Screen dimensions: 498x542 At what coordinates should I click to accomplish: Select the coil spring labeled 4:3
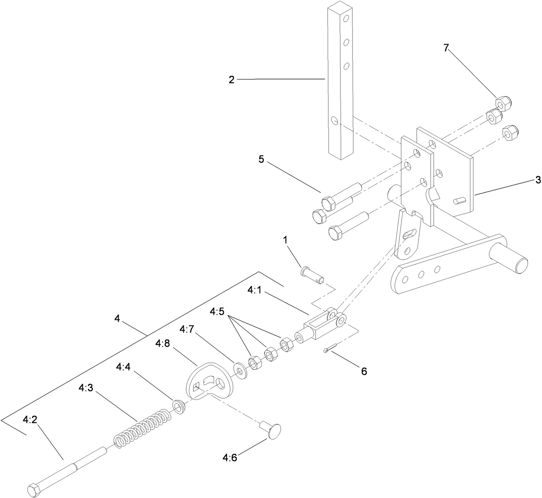pyautogui.click(x=141, y=426)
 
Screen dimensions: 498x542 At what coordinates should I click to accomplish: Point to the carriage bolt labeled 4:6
pyautogui.click(x=271, y=429)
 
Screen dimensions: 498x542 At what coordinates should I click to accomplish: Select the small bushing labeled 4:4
pyautogui.click(x=179, y=405)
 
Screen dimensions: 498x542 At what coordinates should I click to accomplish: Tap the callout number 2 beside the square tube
pyautogui.click(x=231, y=80)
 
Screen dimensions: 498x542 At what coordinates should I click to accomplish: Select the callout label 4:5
pyautogui.click(x=218, y=311)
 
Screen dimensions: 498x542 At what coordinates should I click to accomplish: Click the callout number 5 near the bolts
pyautogui.click(x=261, y=159)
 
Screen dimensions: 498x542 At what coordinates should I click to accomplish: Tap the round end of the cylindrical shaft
pyautogui.click(x=521, y=263)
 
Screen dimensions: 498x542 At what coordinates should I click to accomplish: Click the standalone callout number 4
pyautogui.click(x=117, y=319)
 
